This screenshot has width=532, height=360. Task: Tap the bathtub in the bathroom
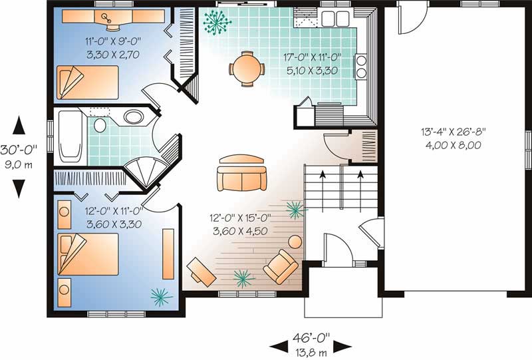coord(69,136)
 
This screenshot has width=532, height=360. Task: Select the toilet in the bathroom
coord(100,125)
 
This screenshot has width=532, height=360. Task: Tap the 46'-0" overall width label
coord(310,337)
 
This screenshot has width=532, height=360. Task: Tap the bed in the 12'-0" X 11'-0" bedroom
coord(87,254)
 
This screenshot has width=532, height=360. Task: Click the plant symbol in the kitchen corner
coord(217,23)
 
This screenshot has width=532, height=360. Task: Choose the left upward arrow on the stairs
coord(324,176)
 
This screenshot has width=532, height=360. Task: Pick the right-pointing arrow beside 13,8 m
coord(342,346)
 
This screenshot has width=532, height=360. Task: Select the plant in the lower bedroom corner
coord(160,295)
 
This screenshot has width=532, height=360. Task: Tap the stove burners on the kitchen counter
coord(362,65)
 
